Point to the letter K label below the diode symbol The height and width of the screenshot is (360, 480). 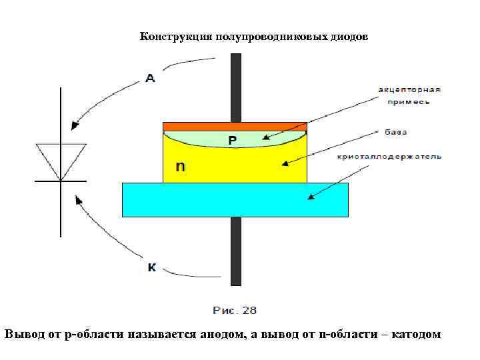click(x=151, y=268)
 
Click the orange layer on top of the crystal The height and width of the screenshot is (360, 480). click(x=235, y=126)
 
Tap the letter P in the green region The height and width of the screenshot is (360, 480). click(x=233, y=140)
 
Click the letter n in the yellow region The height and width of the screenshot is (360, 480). click(x=180, y=166)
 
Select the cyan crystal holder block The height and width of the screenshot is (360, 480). click(x=235, y=199)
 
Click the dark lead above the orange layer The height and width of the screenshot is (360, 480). click(x=235, y=87)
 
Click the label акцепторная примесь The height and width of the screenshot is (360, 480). click(x=409, y=95)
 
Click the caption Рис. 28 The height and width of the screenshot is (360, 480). click(x=235, y=310)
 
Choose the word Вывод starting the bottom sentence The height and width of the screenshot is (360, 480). click(x=23, y=333)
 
